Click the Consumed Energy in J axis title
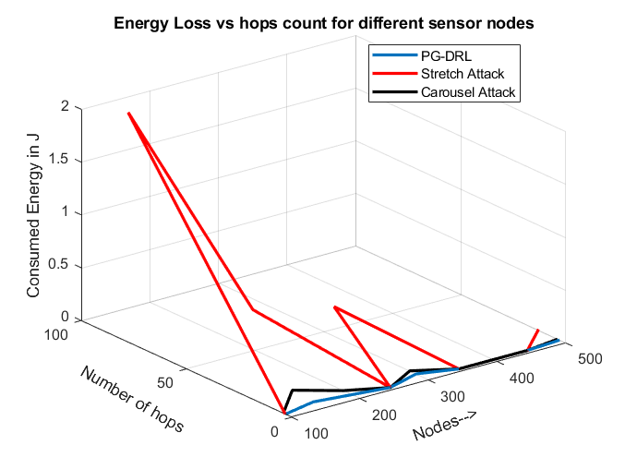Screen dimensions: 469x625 tap(33, 214)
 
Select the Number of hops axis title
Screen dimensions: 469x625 tap(131, 400)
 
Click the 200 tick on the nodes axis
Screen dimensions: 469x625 tap(384, 417)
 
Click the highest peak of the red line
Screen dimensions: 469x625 tap(128, 113)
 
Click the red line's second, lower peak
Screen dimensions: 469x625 tap(335, 307)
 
